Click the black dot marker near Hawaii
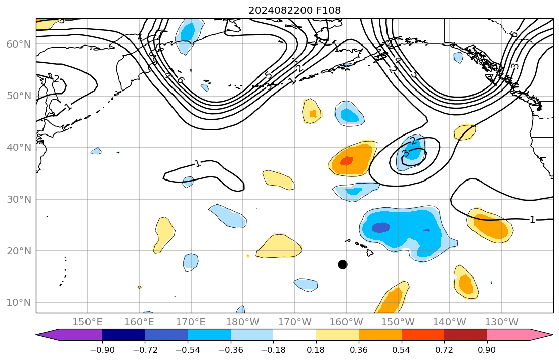pyautogui.click(x=342, y=264)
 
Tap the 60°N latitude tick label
pyautogui.click(x=18, y=44)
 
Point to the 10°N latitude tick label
pyautogui.click(x=18, y=303)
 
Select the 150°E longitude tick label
pyautogui.click(x=88, y=322)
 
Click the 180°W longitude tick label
pyautogui.click(x=243, y=322)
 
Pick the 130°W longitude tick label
pyautogui.click(x=501, y=322)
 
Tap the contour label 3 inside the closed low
pyautogui.click(x=405, y=153)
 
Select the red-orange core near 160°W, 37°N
pyautogui.click(x=347, y=161)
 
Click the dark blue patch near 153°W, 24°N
pyautogui.click(x=380, y=228)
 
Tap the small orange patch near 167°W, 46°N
pyautogui.click(x=313, y=114)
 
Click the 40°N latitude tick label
pyautogui.click(x=18, y=148)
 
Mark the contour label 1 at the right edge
pyautogui.click(x=532, y=219)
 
